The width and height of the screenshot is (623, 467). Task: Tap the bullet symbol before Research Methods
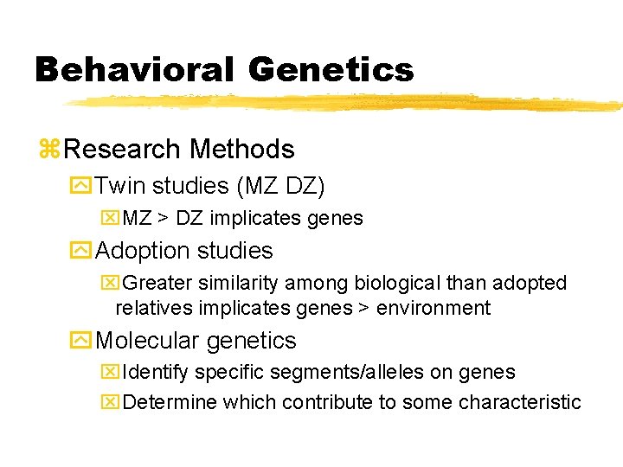49,150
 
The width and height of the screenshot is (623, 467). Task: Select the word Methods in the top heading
242,150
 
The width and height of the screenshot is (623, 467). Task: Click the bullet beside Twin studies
83,186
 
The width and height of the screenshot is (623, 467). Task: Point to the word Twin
121,186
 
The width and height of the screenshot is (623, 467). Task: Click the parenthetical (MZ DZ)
272,186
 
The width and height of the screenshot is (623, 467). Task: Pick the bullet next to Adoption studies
83,252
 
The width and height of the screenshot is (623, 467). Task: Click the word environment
437,308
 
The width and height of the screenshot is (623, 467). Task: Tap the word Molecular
148,342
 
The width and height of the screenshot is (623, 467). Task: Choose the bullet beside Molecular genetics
83,342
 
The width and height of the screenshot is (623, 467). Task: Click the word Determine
170,402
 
